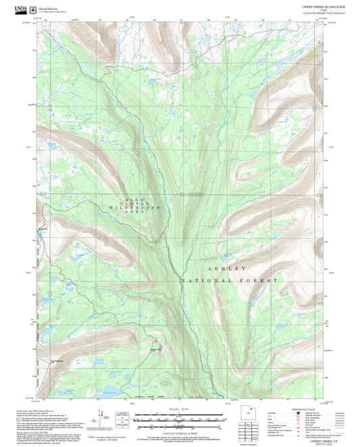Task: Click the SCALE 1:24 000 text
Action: [180, 408]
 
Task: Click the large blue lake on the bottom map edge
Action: [109, 390]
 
